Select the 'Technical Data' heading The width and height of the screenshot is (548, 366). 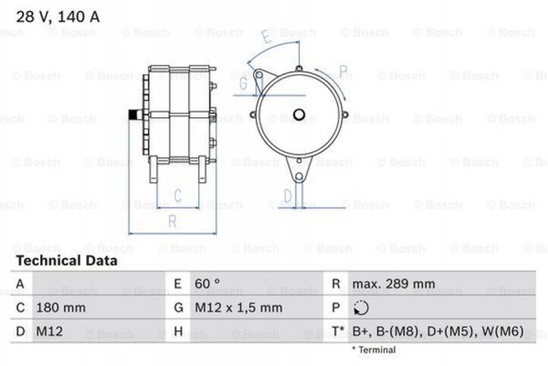(67, 261)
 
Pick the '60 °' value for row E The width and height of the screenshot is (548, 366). (208, 285)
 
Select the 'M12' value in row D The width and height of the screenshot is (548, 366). (51, 332)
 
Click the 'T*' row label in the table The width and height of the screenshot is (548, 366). (338, 332)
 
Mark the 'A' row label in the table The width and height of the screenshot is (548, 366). (19, 285)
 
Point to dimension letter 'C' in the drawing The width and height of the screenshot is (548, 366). (179, 194)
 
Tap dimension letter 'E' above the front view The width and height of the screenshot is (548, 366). (266, 38)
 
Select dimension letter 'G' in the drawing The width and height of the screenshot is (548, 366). (243, 83)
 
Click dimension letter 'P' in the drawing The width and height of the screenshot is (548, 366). (342, 71)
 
